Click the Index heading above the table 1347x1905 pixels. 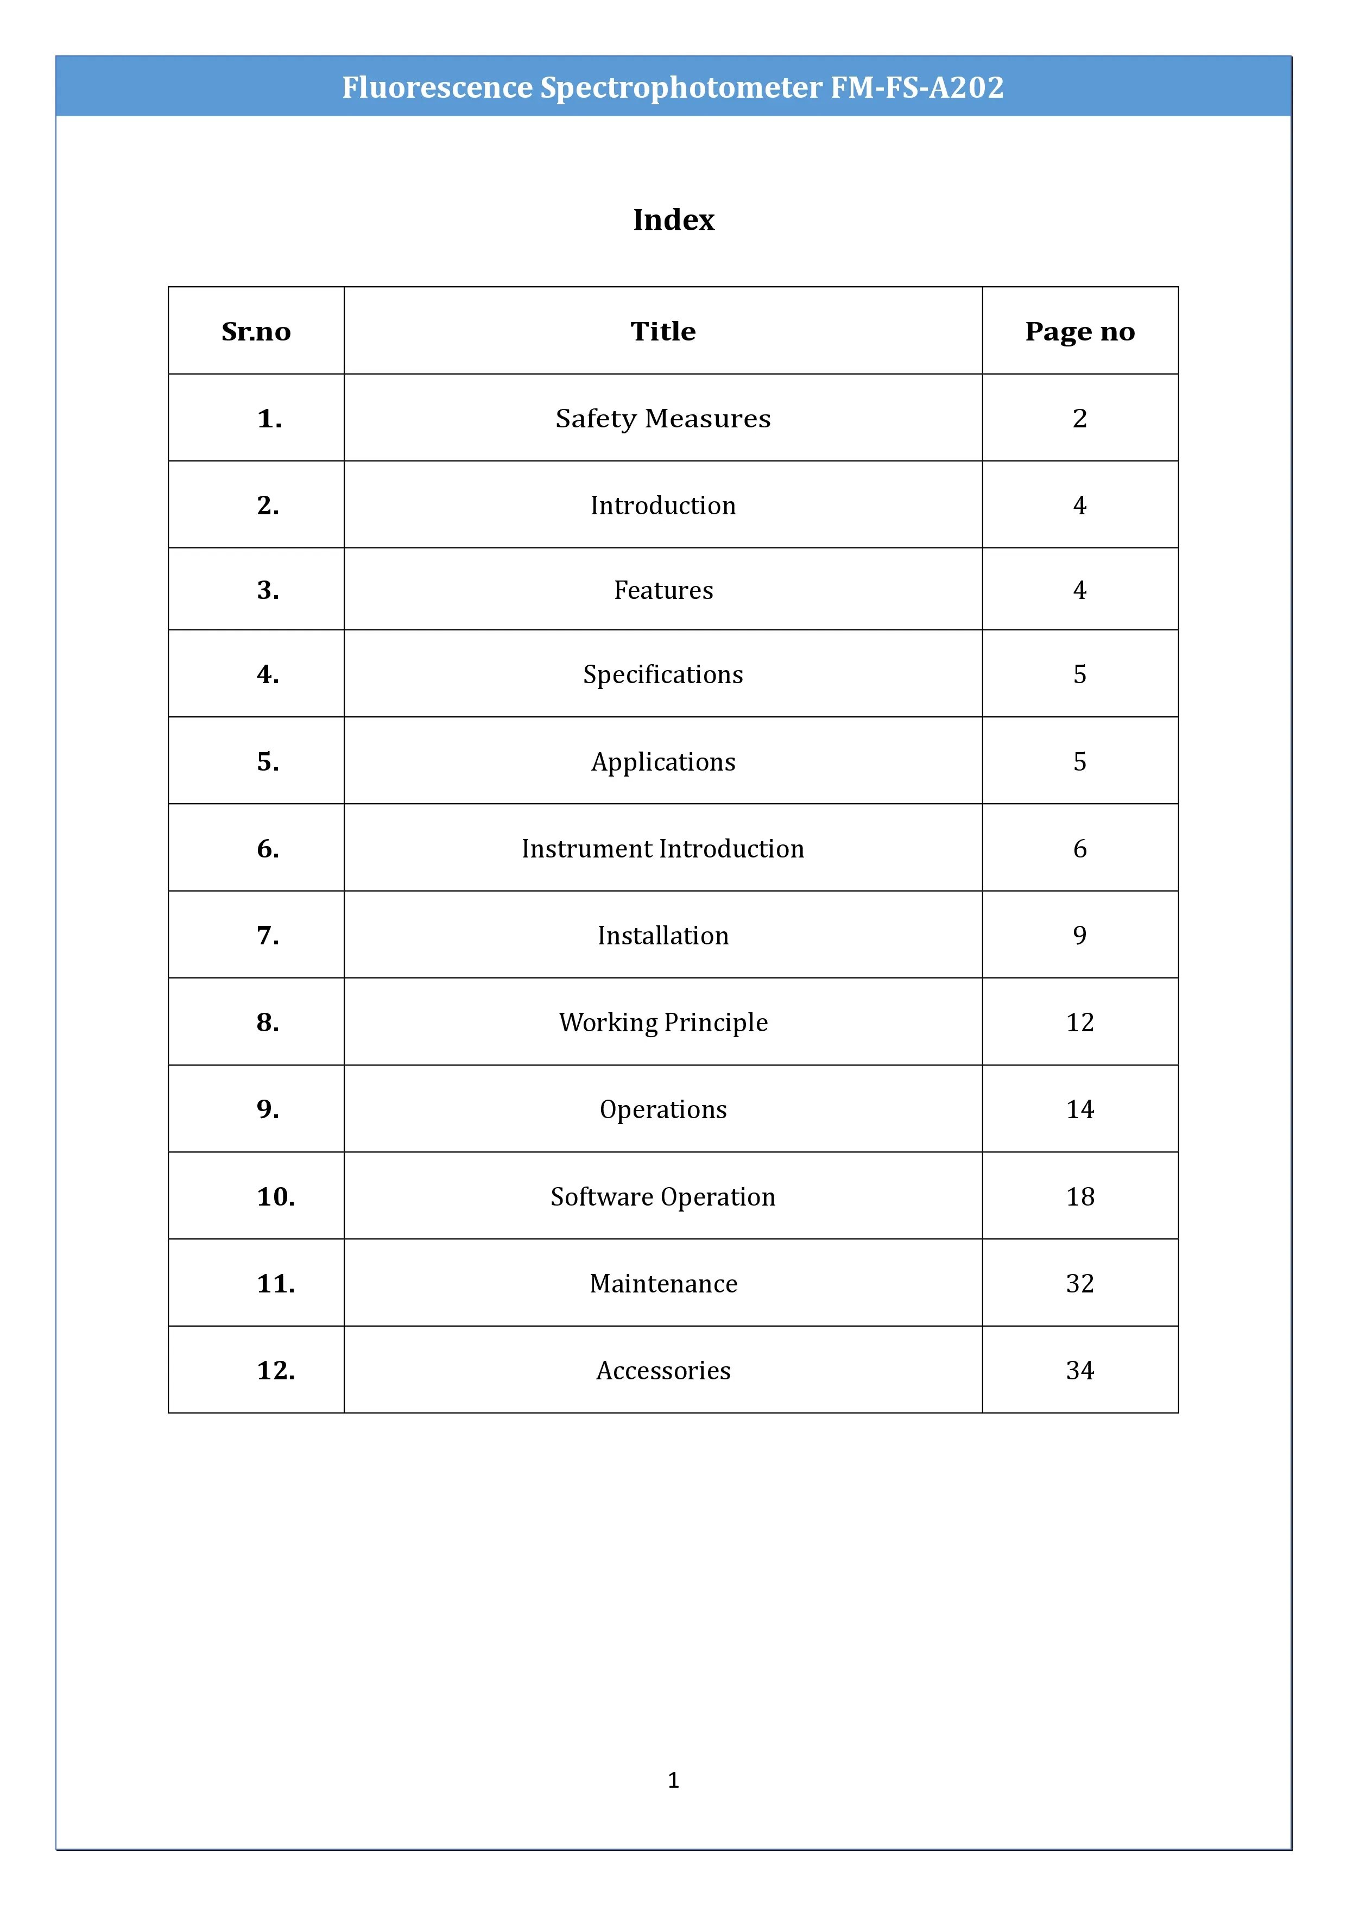click(673, 220)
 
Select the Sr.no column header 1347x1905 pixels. click(256, 331)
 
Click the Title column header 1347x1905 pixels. click(663, 331)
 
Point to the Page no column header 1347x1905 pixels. click(1079, 331)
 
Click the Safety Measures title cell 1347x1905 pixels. click(663, 418)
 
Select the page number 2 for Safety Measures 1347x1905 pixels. click(1079, 418)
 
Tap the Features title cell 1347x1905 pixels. click(663, 590)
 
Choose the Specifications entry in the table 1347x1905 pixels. click(663, 674)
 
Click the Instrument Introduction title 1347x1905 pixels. click(663, 849)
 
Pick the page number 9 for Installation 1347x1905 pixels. click(1079, 935)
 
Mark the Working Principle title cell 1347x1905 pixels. click(663, 1022)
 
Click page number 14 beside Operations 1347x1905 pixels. click(1079, 1109)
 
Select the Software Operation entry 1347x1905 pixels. click(663, 1196)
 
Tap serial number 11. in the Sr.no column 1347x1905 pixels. click(275, 1284)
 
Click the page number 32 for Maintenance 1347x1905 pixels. click(1079, 1284)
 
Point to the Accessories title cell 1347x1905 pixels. click(663, 1371)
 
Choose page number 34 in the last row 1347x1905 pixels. click(1079, 1371)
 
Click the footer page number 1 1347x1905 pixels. click(673, 1780)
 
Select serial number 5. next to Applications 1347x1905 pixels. click(268, 762)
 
